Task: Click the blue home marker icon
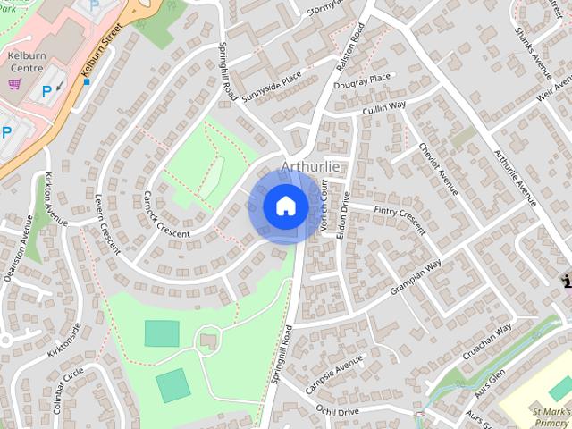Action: [x=285, y=206]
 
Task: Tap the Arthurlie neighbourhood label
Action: [x=310, y=166]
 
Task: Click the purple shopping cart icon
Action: [x=14, y=84]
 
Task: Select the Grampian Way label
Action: [x=416, y=278]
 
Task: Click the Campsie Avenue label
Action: [x=334, y=374]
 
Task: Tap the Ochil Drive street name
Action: [x=337, y=410]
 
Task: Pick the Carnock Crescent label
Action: [x=165, y=214]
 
